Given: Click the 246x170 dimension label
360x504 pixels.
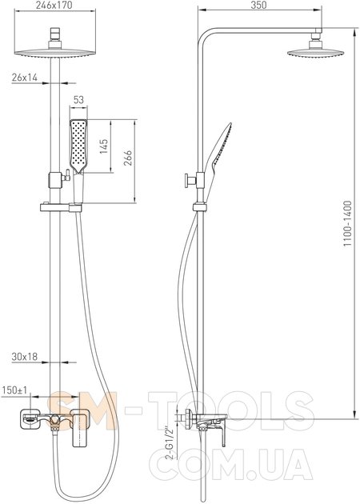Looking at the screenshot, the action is (54, 5).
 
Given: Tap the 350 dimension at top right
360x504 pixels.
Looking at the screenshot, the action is (259, 5).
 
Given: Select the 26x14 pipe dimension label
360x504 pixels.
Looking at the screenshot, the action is (25, 78).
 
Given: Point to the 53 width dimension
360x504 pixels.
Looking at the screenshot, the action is (78, 100).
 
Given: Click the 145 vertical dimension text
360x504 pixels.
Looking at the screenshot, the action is (104, 146).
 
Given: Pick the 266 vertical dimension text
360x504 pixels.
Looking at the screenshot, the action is (128, 158).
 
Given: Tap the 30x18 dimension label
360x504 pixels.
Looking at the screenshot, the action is (25, 357).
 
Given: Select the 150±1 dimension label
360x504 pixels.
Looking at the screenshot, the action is (15, 390).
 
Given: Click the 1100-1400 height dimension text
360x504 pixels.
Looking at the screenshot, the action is (348, 223).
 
